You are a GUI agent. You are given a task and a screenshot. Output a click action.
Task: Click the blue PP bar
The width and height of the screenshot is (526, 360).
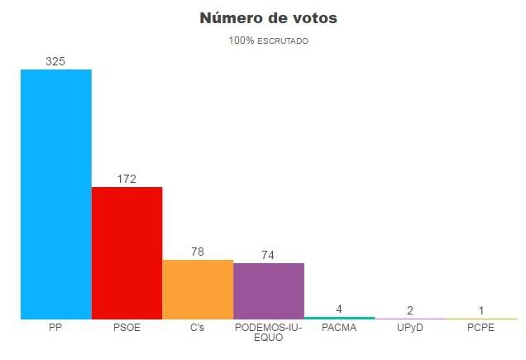55,194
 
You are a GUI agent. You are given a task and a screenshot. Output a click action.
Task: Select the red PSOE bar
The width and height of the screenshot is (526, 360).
127,252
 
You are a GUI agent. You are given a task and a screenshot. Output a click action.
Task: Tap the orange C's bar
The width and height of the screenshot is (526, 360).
198,289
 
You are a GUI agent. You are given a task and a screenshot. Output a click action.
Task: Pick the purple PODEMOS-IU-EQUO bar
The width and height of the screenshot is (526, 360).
269,290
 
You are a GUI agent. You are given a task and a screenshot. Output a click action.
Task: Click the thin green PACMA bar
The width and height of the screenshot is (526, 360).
339,318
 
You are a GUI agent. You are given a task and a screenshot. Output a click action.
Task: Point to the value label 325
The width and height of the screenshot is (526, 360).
55,61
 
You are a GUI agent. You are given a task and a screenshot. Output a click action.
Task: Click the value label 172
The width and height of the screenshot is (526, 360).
127,179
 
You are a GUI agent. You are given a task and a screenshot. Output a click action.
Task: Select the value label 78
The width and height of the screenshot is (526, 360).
198,252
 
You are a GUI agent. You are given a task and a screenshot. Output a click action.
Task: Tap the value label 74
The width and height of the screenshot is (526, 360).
268,255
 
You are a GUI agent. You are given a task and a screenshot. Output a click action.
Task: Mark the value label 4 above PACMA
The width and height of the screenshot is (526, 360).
339,309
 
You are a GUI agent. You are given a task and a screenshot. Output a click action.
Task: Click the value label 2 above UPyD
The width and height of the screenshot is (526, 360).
410,310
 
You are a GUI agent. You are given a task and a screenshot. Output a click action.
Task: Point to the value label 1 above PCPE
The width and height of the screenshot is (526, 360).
481,311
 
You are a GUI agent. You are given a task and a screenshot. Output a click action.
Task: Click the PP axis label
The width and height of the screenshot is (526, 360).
55,328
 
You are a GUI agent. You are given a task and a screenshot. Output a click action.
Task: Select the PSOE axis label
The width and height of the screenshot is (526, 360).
127,328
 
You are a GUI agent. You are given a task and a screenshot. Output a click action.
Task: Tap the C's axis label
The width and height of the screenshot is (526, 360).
198,328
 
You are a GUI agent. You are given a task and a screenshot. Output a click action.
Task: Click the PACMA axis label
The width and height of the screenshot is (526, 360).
339,328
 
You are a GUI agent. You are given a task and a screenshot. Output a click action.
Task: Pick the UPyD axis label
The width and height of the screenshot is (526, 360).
410,328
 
